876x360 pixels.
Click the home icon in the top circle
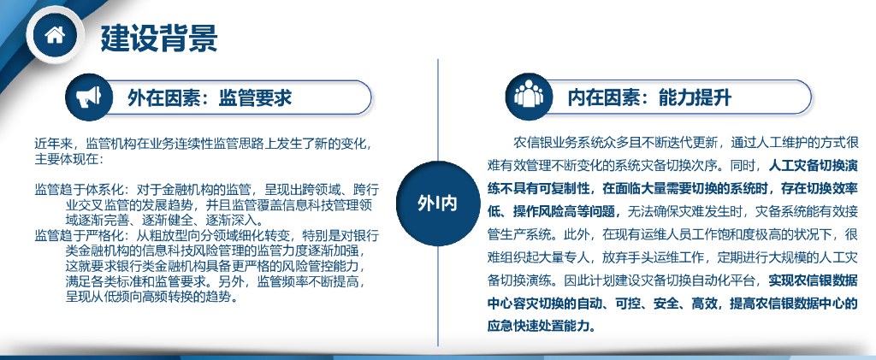point(55,35)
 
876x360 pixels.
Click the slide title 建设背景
point(159,37)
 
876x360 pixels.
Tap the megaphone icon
point(89,97)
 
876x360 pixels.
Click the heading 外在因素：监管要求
point(210,98)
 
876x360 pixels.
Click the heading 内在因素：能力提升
point(649,98)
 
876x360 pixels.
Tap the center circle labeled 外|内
point(437,204)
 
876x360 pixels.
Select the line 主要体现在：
point(69,158)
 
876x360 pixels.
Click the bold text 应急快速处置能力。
point(542,326)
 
